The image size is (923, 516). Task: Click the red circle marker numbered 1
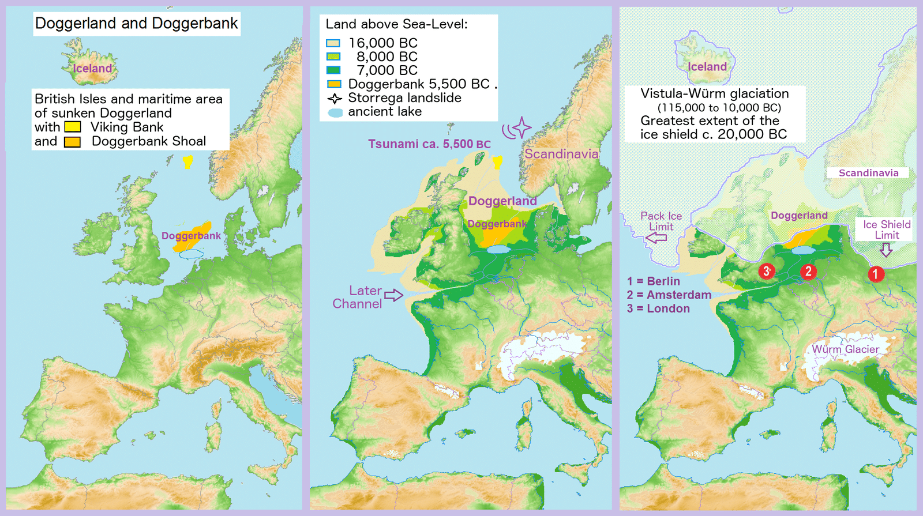[x=875, y=274]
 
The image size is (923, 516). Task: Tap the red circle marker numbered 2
[x=808, y=272]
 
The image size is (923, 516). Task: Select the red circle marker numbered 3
[x=767, y=271]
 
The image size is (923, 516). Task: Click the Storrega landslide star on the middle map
[x=521, y=127]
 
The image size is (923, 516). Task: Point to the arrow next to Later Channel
[x=393, y=295]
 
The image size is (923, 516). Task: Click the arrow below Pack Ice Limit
[x=656, y=238]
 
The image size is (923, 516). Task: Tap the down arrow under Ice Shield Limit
[x=886, y=249]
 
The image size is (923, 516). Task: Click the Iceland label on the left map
[x=92, y=69]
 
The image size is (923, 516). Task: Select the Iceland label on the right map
[x=707, y=67]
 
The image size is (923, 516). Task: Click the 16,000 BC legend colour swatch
[x=333, y=43]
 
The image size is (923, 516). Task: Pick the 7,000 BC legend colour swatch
[x=333, y=70]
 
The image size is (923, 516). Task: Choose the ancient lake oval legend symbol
[x=335, y=112]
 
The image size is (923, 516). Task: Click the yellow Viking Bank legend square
[x=73, y=127]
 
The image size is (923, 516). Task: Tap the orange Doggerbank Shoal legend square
[x=73, y=142]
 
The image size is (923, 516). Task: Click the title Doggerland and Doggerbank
[x=136, y=24]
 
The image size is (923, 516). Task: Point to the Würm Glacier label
[x=846, y=349]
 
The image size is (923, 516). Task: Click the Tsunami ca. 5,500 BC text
[x=429, y=144]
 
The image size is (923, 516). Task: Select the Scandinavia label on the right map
[x=868, y=173]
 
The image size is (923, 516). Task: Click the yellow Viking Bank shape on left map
[x=187, y=162]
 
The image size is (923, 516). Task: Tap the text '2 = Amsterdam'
[x=669, y=295]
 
